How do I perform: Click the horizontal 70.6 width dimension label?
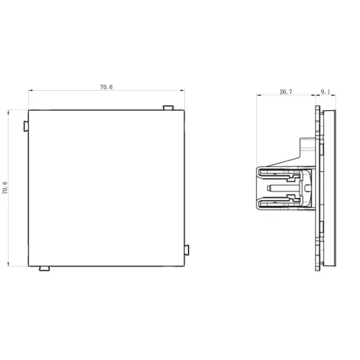point(106,87)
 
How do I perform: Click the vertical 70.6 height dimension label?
point(5,188)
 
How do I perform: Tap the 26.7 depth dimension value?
point(286,91)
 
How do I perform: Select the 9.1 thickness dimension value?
point(325,91)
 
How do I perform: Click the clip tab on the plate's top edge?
point(168,107)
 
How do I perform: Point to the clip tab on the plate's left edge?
point(26,126)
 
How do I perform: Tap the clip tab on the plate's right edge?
point(186,250)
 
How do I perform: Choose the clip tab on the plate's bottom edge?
point(45,269)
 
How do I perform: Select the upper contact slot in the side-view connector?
point(279,174)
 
